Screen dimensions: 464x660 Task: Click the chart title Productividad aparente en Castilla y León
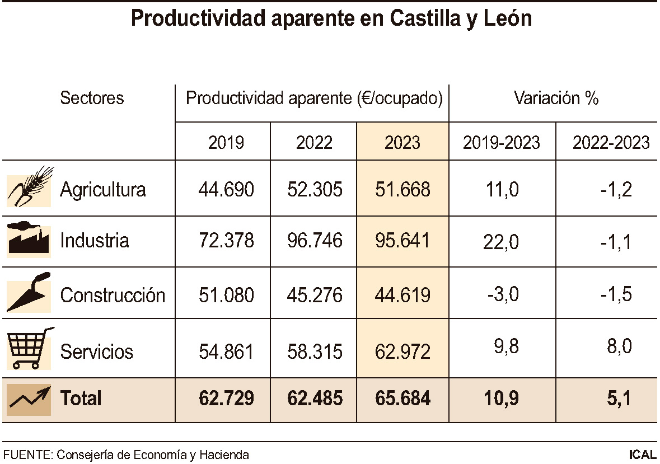(x=330, y=19)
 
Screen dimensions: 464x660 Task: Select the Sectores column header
(x=92, y=99)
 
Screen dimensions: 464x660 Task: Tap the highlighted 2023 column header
(x=402, y=143)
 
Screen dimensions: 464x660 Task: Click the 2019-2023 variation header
(x=502, y=143)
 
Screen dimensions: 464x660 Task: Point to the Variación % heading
(x=556, y=99)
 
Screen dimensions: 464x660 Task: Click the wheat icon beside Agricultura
(x=29, y=188)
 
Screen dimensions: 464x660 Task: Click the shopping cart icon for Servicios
(x=29, y=348)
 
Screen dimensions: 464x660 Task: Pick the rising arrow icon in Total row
(x=29, y=399)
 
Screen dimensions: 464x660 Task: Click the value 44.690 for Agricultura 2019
(x=226, y=190)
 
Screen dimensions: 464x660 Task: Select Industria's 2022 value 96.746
(x=314, y=241)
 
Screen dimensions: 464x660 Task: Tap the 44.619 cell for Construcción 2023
(x=402, y=294)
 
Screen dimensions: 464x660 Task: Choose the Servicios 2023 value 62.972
(x=402, y=352)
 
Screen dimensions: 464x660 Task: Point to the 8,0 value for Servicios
(x=615, y=346)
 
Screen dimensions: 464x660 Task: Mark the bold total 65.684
(x=402, y=399)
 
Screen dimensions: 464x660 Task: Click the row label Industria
(x=95, y=241)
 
